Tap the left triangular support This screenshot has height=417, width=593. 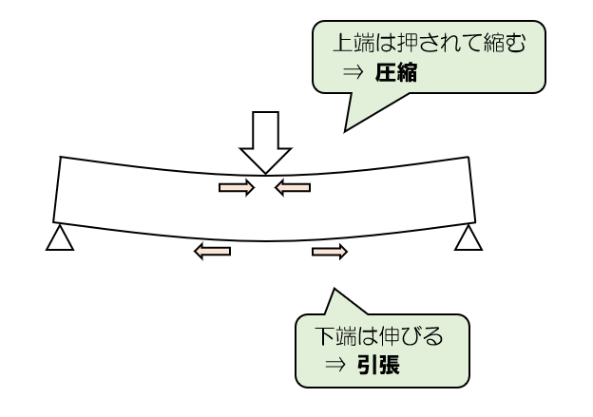coord(60,237)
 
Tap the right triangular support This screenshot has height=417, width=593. coord(468,237)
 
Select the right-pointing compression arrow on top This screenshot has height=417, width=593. coord(237,188)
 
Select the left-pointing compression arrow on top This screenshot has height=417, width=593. coord(293,188)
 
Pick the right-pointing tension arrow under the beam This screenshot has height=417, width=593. coord(330,251)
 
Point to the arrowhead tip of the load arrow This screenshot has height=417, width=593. coord(263,172)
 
